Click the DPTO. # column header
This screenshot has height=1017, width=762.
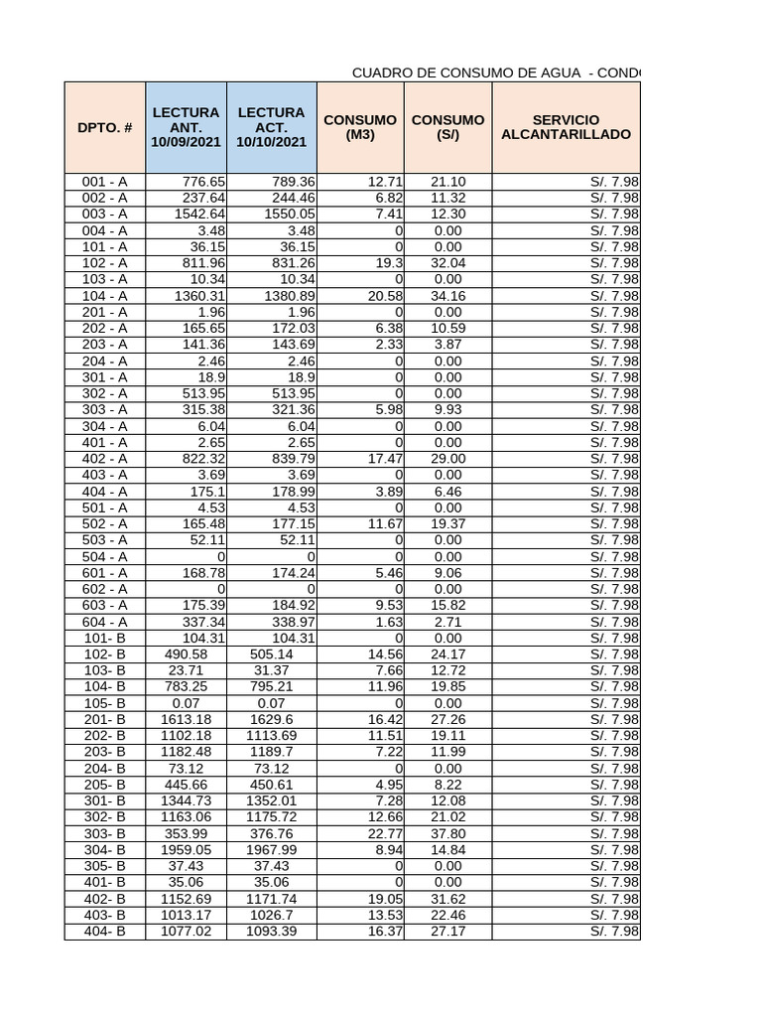104,127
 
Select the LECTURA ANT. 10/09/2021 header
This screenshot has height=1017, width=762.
185,127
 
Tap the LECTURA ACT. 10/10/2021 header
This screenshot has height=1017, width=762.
271,127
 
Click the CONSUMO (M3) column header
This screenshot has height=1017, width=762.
360,127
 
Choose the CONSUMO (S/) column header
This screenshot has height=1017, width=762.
447,127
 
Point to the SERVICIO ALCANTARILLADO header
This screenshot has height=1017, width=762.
566,127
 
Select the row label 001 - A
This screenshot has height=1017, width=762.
104,182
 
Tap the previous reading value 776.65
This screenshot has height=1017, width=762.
203,182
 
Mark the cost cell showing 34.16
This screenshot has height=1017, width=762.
447,296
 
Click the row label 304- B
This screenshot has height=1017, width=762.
104,850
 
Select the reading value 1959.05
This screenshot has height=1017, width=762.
186,850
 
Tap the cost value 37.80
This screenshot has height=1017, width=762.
447,833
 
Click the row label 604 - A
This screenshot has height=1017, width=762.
104,622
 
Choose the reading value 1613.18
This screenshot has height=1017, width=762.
186,719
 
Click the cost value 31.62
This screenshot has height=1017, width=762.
447,899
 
